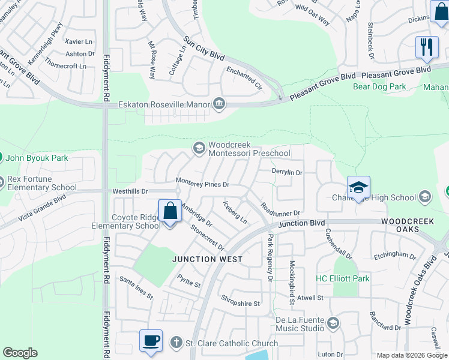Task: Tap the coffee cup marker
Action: point(151,341)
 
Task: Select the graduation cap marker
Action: point(358,187)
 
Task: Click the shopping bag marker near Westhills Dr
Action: point(170,211)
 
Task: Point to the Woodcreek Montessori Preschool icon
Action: point(199,148)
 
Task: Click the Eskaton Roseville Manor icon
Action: point(218,105)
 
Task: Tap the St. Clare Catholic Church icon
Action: point(176,343)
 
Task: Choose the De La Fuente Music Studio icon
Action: point(333,323)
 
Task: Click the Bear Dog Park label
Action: point(379,87)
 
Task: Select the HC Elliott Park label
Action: point(343,278)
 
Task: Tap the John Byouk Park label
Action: point(37,158)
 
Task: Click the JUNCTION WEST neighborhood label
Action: point(199,259)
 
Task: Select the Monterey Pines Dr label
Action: point(203,181)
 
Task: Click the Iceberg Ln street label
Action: point(235,211)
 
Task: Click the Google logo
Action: point(20,353)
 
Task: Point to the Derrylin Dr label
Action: point(287,172)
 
